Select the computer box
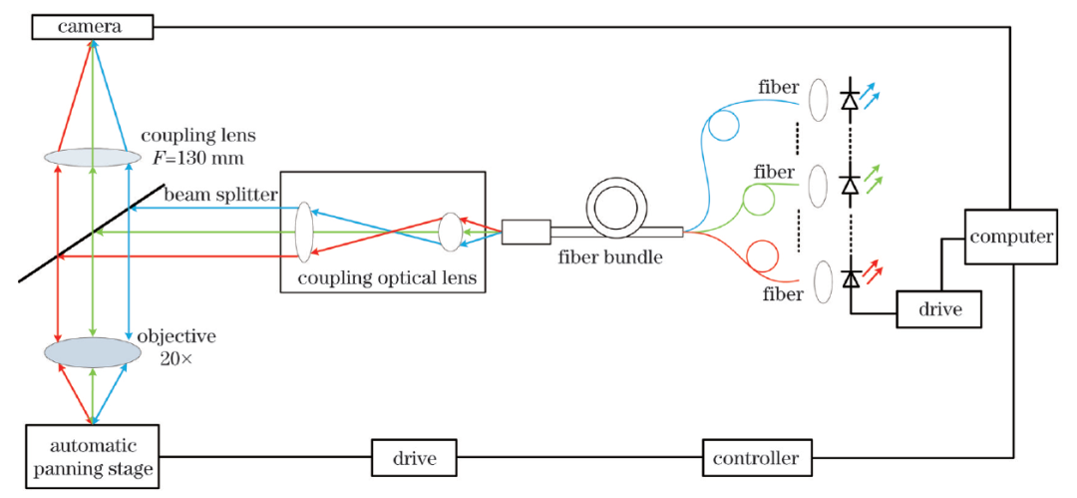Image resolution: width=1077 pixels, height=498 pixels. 1009,238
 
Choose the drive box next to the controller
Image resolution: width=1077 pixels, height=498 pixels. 414,458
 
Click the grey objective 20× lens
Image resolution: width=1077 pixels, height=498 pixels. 92,352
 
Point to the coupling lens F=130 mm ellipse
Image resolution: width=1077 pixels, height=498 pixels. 92,157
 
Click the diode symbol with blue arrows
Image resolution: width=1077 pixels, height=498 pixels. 850,100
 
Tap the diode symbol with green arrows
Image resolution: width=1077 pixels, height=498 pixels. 850,185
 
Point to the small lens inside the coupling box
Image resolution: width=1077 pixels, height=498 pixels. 450,232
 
